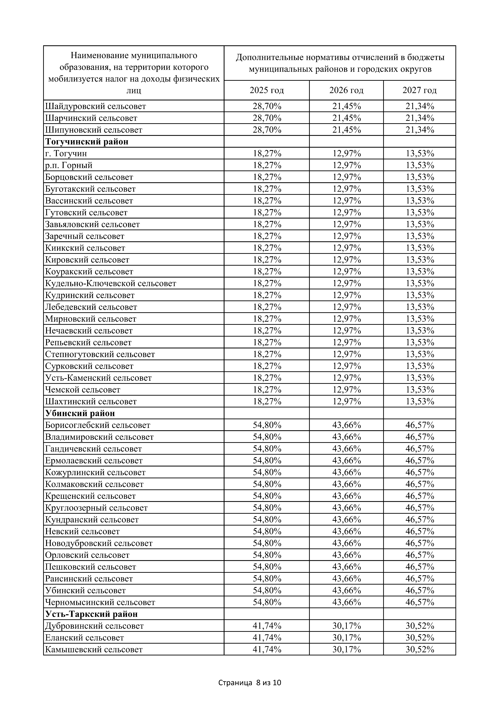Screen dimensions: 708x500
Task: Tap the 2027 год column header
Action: (x=420, y=90)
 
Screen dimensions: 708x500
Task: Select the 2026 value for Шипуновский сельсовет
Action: (x=347, y=130)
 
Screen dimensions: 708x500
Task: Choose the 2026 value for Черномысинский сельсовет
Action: (x=347, y=602)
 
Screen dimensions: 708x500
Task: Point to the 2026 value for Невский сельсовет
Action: (x=347, y=531)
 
